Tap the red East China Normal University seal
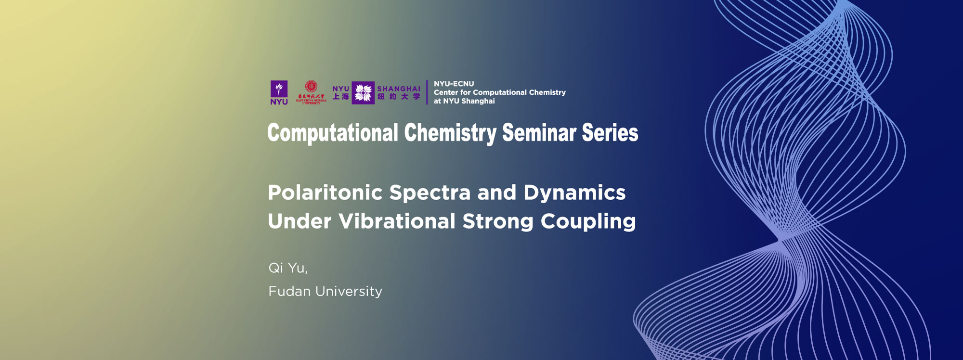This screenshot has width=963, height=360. [x=311, y=87]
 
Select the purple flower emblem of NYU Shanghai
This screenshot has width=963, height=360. [x=363, y=93]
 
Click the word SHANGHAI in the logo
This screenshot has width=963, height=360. [x=399, y=89]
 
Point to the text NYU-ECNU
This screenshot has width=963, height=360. [x=454, y=84]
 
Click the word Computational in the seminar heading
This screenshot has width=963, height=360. [x=333, y=133]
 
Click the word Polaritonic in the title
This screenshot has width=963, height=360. [x=325, y=193]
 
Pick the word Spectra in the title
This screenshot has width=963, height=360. [x=429, y=193]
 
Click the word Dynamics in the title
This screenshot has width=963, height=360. [x=574, y=193]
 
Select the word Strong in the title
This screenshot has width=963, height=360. [x=498, y=222]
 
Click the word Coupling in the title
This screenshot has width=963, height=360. [x=588, y=222]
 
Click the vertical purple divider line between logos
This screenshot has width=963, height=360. [x=427, y=92]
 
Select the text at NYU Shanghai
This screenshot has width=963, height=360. [x=464, y=101]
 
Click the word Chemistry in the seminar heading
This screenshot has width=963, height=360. [x=450, y=133]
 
